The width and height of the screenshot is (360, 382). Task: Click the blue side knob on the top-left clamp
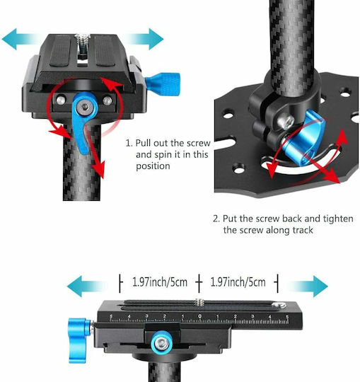tap(163, 83)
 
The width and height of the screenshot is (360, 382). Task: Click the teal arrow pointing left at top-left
tap(19, 39)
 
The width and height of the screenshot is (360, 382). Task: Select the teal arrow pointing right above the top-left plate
tap(146, 39)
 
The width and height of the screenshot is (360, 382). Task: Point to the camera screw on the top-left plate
tap(83, 40)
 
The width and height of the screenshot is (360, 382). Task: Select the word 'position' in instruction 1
tap(153, 166)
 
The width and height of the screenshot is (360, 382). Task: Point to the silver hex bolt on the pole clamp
tap(287, 122)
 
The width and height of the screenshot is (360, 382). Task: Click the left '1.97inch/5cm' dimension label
tap(160, 282)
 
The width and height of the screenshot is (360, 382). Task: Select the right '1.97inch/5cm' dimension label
tap(238, 282)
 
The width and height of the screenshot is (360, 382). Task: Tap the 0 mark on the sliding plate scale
tap(200, 316)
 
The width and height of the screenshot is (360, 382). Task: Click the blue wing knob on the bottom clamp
tap(79, 340)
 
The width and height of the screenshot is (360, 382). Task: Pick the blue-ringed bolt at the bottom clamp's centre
tap(161, 344)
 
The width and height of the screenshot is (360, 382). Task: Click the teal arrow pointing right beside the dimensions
tap(309, 286)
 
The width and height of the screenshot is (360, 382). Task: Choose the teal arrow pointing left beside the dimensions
tap(86, 286)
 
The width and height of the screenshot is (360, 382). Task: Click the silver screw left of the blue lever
tap(61, 100)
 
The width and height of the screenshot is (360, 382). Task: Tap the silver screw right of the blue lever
tap(108, 100)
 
